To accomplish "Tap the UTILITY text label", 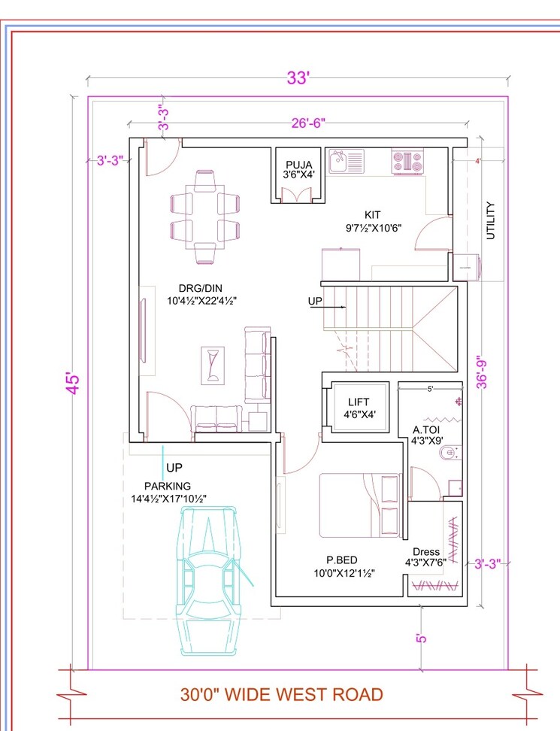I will point(491,220).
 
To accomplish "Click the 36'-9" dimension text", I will point(480,372).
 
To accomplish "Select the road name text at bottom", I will point(281,694).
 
